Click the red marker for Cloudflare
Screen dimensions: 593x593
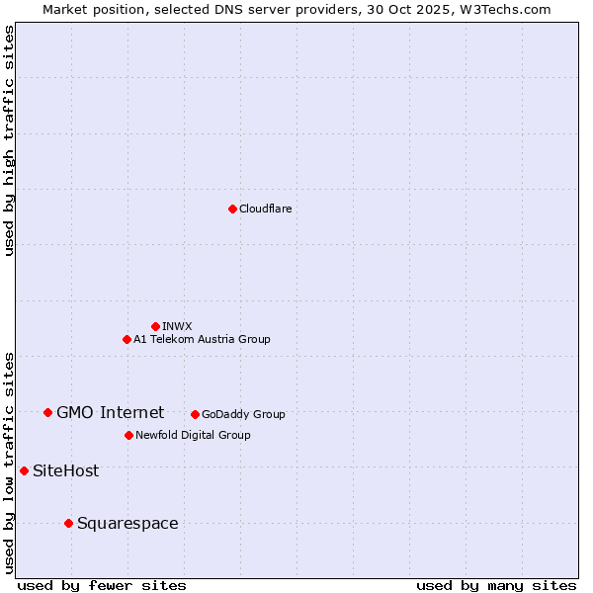[x=232, y=209]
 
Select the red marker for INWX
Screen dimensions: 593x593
[x=155, y=326]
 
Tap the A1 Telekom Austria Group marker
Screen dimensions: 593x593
[x=127, y=339]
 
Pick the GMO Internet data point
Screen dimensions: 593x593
[x=47, y=412]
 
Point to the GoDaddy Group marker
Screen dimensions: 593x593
[x=195, y=414]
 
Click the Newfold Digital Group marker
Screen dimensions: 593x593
[x=128, y=435]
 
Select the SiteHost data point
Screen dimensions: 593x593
[x=24, y=470]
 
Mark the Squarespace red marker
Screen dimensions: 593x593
[x=68, y=523]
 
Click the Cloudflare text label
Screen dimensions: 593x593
[x=265, y=209]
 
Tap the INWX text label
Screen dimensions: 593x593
[x=177, y=326]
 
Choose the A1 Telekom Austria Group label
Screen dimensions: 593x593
[x=202, y=339]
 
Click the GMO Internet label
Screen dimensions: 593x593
[x=110, y=412]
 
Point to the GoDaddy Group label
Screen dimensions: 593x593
[x=243, y=414]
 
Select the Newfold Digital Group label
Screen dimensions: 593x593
[x=193, y=435]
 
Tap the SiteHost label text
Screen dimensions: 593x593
[x=65, y=470]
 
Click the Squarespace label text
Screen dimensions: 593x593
[x=127, y=523]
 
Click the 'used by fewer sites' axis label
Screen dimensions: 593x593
[x=102, y=585]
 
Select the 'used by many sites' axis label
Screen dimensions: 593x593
[x=496, y=585]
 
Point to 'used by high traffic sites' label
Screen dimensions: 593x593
[x=9, y=140]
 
